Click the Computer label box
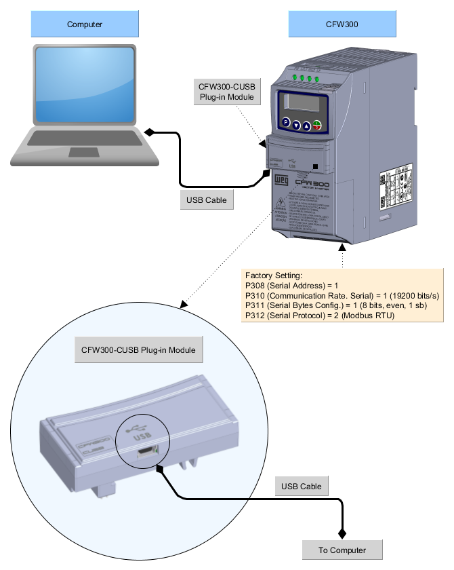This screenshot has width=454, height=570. click(x=85, y=24)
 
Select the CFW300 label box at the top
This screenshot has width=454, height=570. click(x=342, y=24)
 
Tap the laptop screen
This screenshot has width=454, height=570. click(x=85, y=85)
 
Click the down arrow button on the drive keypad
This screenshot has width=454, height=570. click(x=296, y=126)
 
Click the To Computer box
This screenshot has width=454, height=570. click(x=342, y=550)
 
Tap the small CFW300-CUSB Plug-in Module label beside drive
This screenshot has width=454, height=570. click(x=226, y=92)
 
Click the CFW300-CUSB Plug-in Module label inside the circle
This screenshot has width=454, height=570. click(x=138, y=350)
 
